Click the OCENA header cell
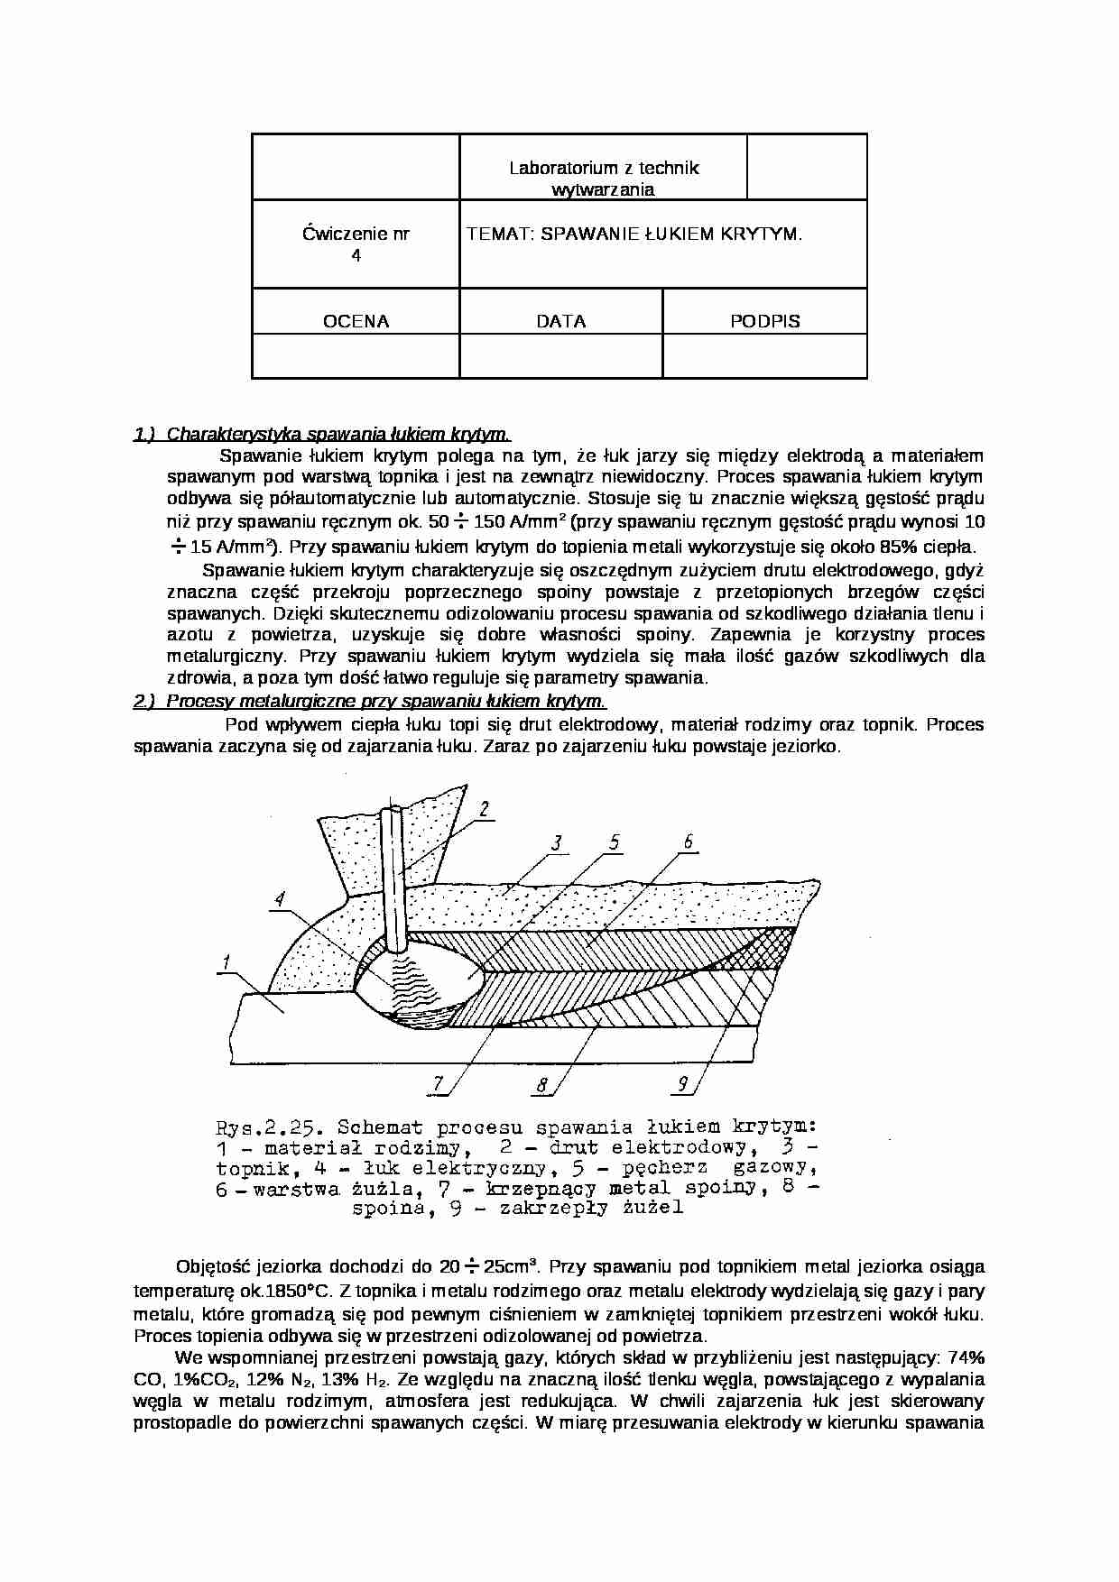[x=356, y=321]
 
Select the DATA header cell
[x=560, y=321]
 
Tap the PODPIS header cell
[x=764, y=321]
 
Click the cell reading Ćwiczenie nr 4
[x=356, y=244]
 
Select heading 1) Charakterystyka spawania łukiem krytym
[x=322, y=434]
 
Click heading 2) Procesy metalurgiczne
[x=370, y=701]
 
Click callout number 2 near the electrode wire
[x=485, y=809]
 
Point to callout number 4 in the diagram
[x=281, y=898]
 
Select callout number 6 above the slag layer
[x=688, y=842]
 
